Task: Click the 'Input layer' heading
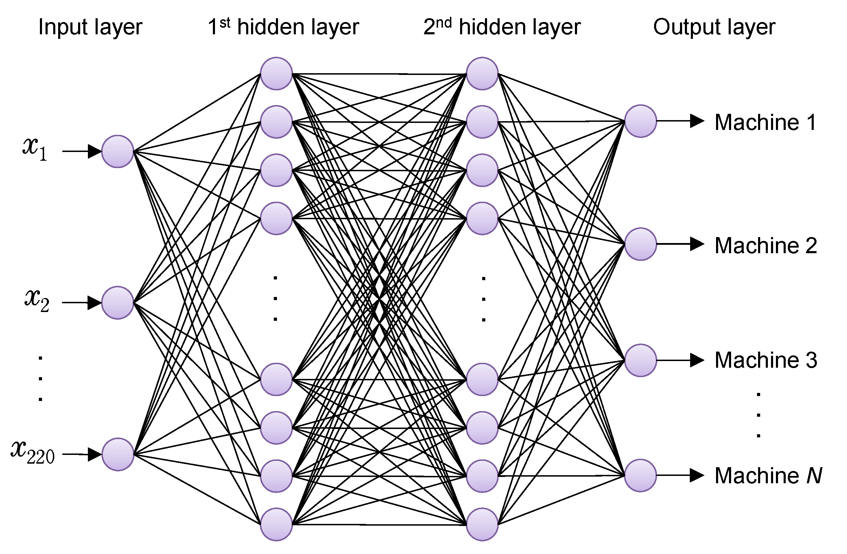(90, 27)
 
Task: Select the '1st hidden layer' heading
(283, 27)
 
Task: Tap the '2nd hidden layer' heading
(502, 27)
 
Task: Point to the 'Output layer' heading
(714, 27)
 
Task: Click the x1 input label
(35, 149)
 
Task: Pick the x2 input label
(37, 301)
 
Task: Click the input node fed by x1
(117, 151)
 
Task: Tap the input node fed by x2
(117, 303)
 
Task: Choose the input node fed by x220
(117, 454)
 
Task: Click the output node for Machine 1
(640, 121)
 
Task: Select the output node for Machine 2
(640, 244)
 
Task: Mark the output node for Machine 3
(640, 360)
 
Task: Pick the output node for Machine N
(640, 475)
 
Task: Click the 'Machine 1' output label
(765, 123)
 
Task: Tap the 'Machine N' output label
(768, 476)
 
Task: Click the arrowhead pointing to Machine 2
(697, 244)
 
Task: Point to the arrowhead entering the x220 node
(95, 454)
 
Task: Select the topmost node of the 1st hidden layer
(276, 73)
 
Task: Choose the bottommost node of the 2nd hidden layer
(482, 525)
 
